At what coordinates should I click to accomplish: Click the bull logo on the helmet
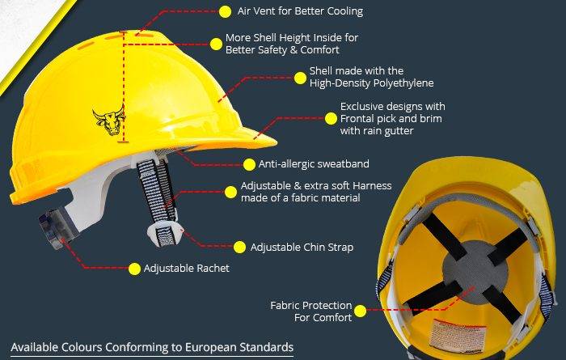coord(109,121)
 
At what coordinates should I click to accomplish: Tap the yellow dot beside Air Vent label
coord(226,11)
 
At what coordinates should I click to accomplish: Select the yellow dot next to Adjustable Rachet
coord(135,269)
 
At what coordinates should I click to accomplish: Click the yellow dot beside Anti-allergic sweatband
coord(249,164)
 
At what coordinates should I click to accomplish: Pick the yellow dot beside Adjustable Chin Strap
coord(239,248)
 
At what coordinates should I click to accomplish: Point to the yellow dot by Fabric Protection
coord(361,311)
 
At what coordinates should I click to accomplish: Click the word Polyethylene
coord(403,83)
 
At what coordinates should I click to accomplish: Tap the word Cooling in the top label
coord(345,11)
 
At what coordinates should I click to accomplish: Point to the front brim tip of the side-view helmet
coord(276,143)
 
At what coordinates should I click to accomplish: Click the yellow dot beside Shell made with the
coord(300,78)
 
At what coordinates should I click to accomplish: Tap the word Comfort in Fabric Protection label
coord(333,317)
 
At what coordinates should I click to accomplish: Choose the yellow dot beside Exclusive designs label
coord(331,118)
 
